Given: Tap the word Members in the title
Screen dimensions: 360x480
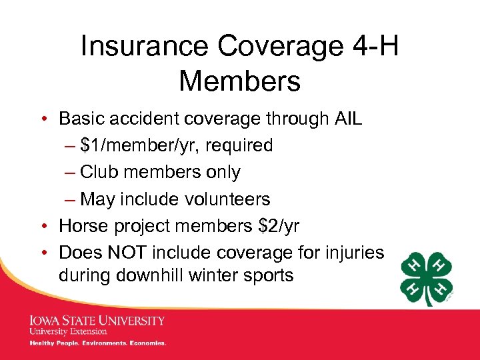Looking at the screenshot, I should (239, 82).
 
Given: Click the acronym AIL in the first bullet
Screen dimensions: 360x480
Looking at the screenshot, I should (349, 119).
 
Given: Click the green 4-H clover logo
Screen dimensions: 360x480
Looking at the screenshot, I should (427, 278).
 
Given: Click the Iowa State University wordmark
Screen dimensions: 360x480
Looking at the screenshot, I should (97, 321).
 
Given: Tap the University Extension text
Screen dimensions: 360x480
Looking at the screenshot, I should (68, 331).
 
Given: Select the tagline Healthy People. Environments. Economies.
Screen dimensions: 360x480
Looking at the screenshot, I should (97, 343).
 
